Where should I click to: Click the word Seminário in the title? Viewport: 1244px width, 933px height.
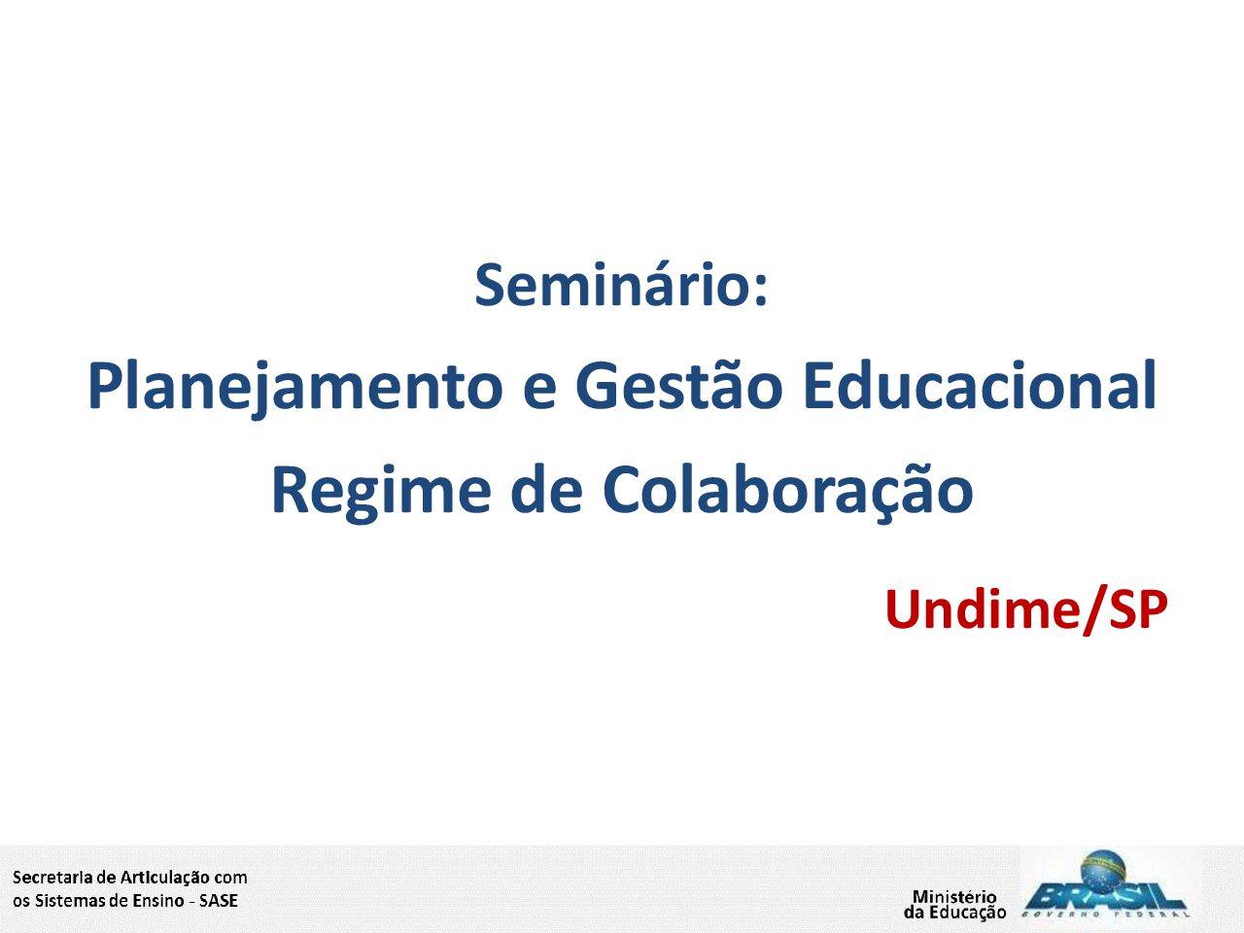point(615,285)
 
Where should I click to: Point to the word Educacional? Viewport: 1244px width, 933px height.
point(981,384)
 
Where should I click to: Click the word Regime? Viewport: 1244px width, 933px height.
point(381,493)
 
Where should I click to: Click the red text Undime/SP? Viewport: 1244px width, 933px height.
point(1026,610)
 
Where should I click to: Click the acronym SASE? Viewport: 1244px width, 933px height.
point(219,901)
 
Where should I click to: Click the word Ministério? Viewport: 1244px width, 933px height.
point(954,897)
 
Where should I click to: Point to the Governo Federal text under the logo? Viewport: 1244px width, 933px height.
point(1105,915)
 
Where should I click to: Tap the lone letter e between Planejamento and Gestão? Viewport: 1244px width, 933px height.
point(539,391)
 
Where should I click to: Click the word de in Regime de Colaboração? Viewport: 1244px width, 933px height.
point(546,487)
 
